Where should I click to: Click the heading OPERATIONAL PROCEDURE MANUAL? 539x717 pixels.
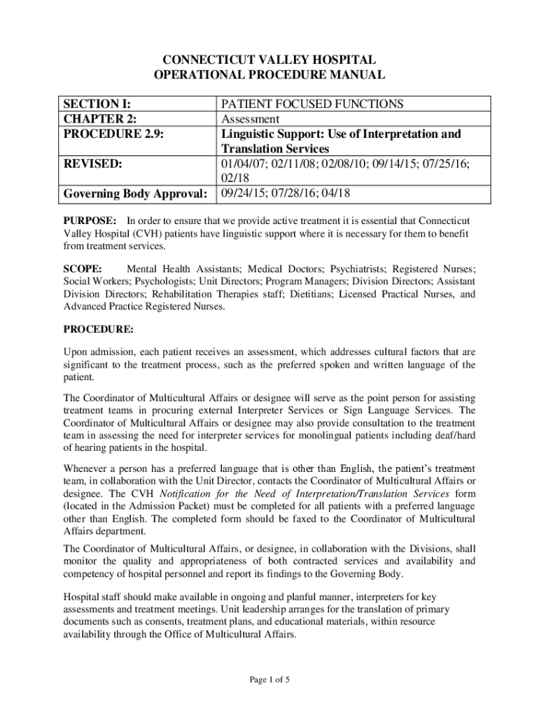[269, 75]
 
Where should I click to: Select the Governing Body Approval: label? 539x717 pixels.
[136, 193]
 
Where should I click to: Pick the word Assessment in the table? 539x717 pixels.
[251, 119]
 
